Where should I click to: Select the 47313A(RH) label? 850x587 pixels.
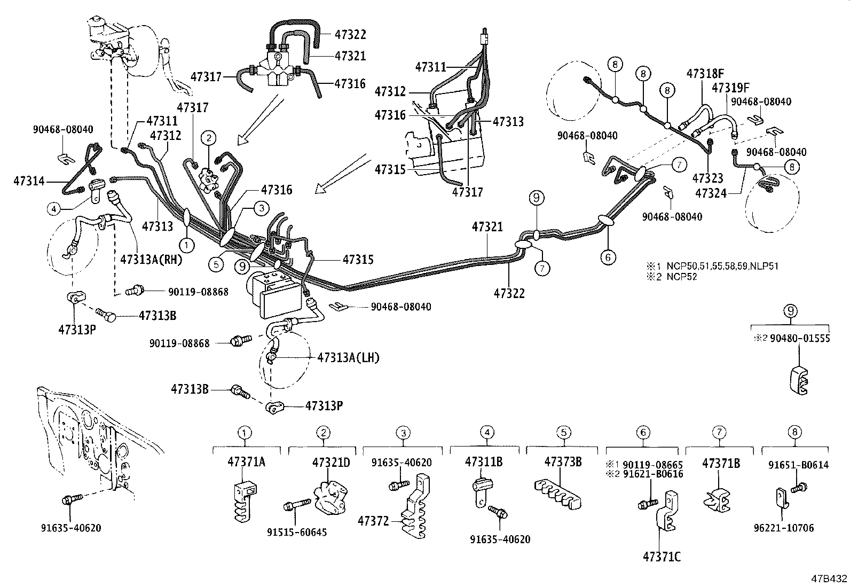[152, 260]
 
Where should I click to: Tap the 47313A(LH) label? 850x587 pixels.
[348, 357]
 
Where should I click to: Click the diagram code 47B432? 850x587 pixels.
[829, 578]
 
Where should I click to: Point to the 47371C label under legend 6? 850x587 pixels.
[662, 557]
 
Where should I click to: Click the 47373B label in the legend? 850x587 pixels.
[563, 462]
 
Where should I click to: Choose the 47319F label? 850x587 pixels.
[729, 87]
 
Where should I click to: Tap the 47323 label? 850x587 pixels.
[708, 177]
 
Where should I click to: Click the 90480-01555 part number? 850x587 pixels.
[800, 339]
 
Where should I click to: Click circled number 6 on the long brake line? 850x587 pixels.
[608, 257]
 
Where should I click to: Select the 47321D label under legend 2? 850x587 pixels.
[331, 462]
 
